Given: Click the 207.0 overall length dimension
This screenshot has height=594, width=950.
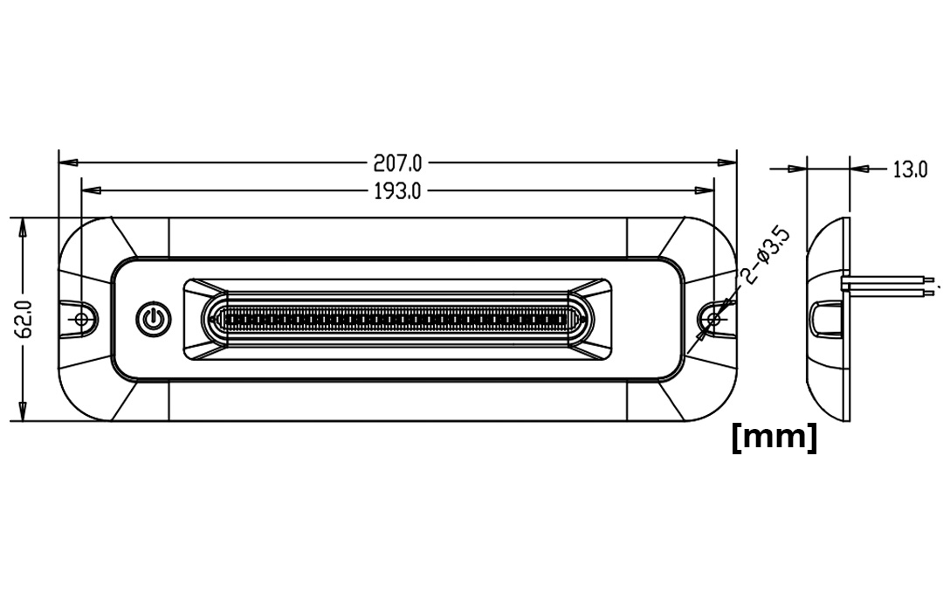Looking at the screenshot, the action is pyautogui.click(x=397, y=162).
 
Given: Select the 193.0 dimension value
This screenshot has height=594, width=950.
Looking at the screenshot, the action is pyautogui.click(x=397, y=191).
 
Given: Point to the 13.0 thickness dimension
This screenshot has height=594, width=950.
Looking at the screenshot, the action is pyautogui.click(x=910, y=169).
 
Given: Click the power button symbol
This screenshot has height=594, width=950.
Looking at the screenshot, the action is pyautogui.click(x=154, y=319).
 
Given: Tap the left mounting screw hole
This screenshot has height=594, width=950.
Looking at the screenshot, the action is pyautogui.click(x=81, y=319).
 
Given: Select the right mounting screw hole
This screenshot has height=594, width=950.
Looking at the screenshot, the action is pyautogui.click(x=714, y=319).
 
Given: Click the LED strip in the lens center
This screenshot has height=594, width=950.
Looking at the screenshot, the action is pyautogui.click(x=397, y=318).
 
